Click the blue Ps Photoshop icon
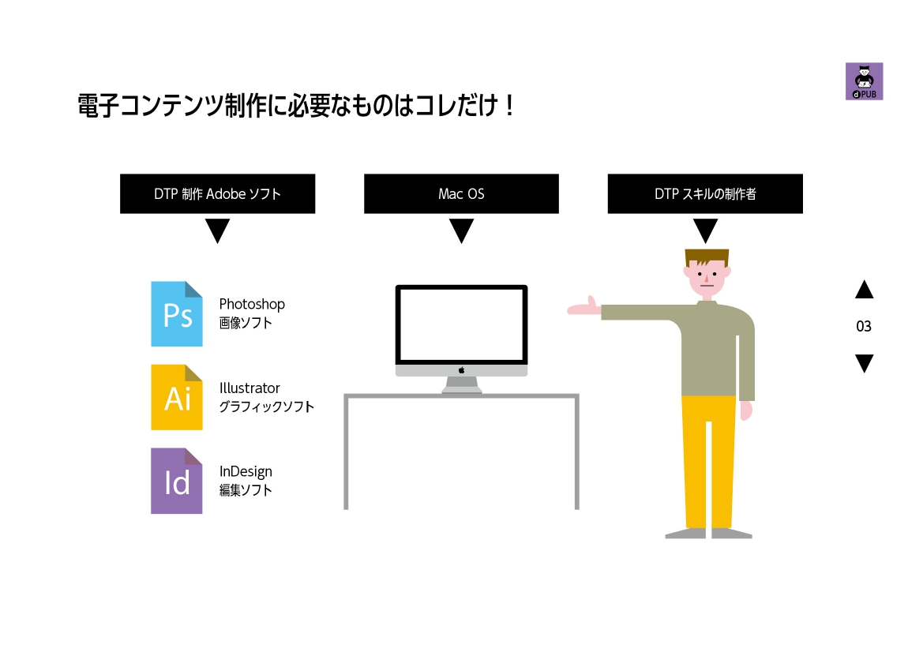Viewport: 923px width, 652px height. pyautogui.click(x=177, y=313)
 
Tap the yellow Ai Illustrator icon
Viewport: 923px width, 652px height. pyautogui.click(x=177, y=397)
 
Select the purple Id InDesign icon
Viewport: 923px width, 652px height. pyautogui.click(x=177, y=481)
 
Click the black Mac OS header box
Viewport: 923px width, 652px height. pyautogui.click(x=461, y=193)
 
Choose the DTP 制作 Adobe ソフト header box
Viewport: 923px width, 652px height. pyautogui.click(x=218, y=193)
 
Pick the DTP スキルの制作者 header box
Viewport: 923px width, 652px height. pyautogui.click(x=705, y=193)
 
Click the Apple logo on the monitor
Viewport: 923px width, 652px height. pyautogui.click(x=461, y=370)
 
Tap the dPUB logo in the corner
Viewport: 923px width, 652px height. pyautogui.click(x=864, y=81)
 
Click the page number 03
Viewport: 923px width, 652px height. pyautogui.click(x=864, y=327)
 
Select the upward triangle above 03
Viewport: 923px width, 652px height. pyautogui.click(x=864, y=290)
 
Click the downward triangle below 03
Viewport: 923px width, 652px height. pyautogui.click(x=864, y=362)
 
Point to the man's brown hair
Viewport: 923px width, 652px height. pyautogui.click(x=707, y=257)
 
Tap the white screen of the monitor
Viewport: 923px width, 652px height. pyautogui.click(x=461, y=324)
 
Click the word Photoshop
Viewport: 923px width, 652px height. pyautogui.click(x=252, y=305)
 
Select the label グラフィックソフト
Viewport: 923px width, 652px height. pyautogui.click(x=267, y=407)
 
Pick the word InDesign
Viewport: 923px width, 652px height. pyautogui.click(x=246, y=472)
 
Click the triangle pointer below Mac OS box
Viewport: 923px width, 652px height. pyautogui.click(x=461, y=230)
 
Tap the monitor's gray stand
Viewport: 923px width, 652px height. pyautogui.click(x=461, y=385)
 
